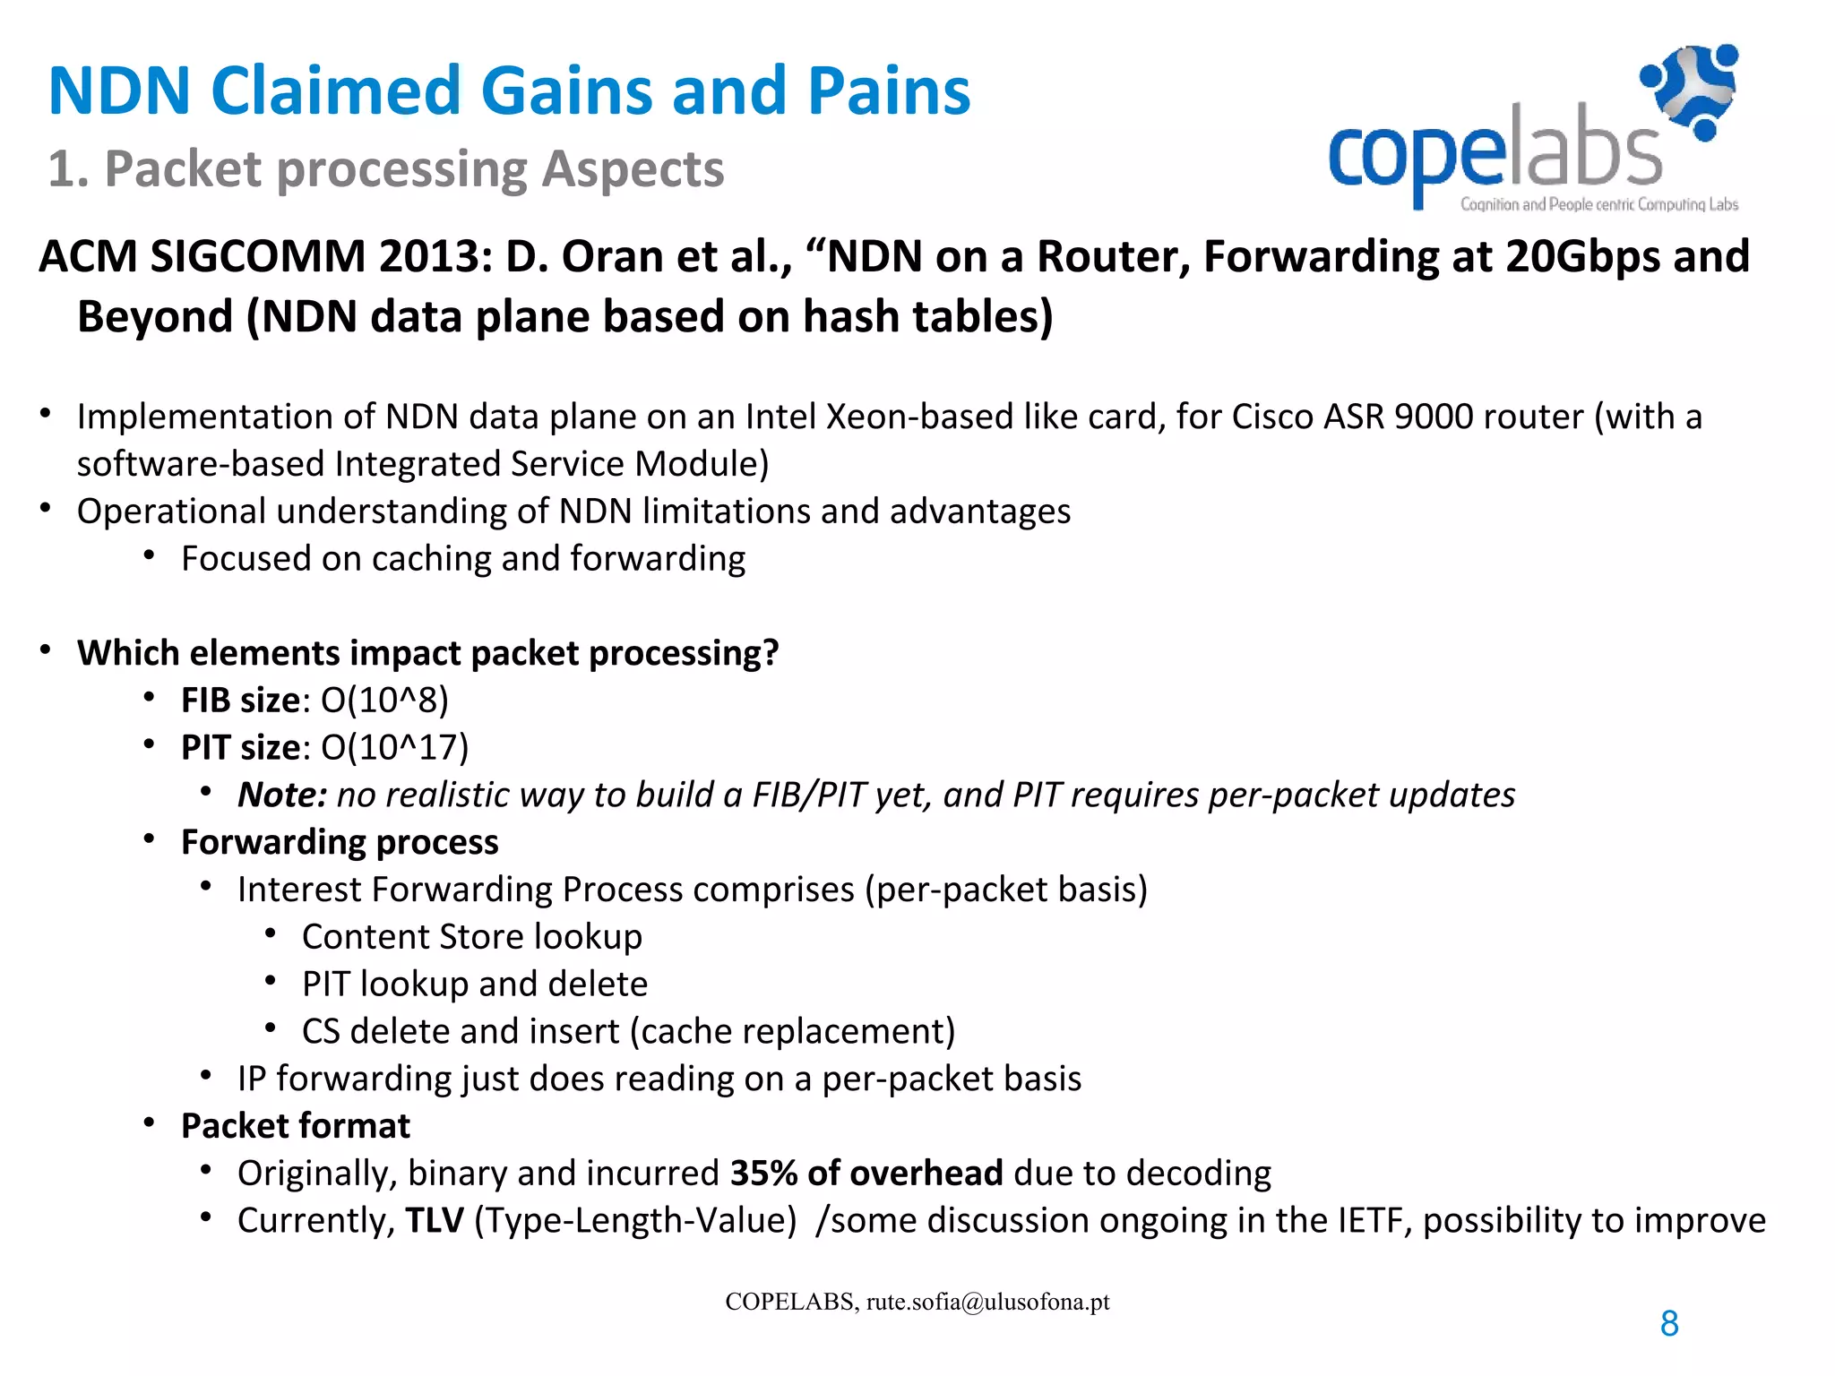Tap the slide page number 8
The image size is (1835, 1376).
[x=1669, y=1323]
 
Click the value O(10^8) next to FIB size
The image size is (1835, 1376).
[x=384, y=701]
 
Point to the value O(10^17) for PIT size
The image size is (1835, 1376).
[x=394, y=748]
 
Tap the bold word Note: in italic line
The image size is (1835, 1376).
[x=281, y=795]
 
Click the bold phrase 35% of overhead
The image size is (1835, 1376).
[x=866, y=1174]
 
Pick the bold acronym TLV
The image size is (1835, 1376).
[x=434, y=1221]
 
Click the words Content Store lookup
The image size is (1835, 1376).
[x=472, y=937]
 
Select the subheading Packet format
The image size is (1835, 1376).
[x=296, y=1126]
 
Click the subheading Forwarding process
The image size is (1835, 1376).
[x=340, y=842]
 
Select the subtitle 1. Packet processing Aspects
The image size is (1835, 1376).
[x=385, y=168]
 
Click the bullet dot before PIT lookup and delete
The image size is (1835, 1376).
[x=271, y=981]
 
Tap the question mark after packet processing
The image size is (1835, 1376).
[x=771, y=653]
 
